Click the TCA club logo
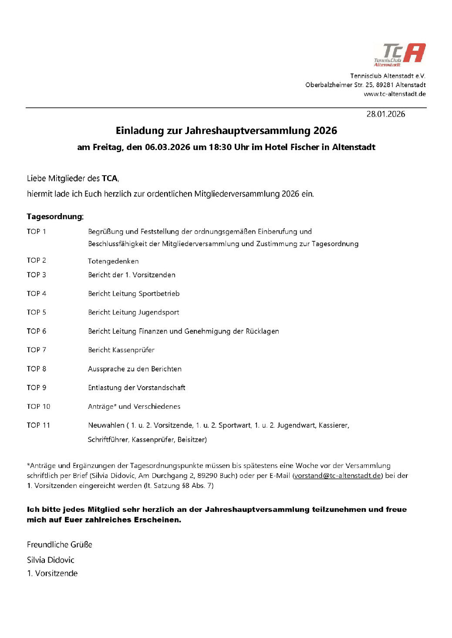[x=399, y=55]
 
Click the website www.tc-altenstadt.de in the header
[x=395, y=94]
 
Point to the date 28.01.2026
[x=385, y=114]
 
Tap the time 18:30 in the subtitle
[x=220, y=147]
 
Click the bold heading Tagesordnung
[x=54, y=217]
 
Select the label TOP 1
[x=36, y=232]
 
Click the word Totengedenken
[x=113, y=261]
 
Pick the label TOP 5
[x=36, y=312]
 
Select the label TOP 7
[x=36, y=350]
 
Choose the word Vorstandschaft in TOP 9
[x=162, y=388]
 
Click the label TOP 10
[x=38, y=407]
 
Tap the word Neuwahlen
[x=106, y=425]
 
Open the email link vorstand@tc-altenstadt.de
[x=337, y=476]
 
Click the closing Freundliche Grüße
[x=59, y=545]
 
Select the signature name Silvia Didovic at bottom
[x=51, y=560]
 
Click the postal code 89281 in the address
[x=385, y=85]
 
